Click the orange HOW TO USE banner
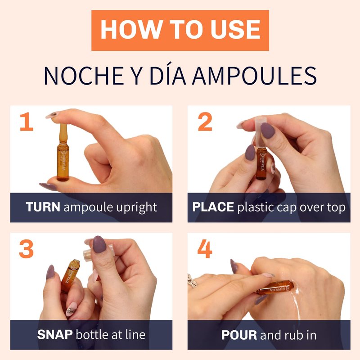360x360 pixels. [x=180, y=30]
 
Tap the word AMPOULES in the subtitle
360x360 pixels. [x=254, y=76]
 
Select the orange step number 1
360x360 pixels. [x=27, y=121]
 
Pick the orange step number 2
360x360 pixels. [x=205, y=121]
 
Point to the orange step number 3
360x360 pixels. [x=27, y=249]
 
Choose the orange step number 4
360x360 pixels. [x=205, y=249]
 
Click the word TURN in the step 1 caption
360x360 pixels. [x=43, y=207]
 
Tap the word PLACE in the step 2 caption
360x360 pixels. [x=213, y=207]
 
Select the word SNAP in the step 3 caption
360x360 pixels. [x=55, y=334]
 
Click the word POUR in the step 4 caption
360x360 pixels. [x=239, y=335]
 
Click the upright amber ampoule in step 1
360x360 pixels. [x=63, y=152]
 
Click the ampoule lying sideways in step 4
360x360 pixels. [x=275, y=288]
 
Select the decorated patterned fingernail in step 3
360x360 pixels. [x=72, y=309]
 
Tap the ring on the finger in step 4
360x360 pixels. [x=192, y=281]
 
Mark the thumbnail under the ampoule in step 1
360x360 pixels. [x=48, y=187]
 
